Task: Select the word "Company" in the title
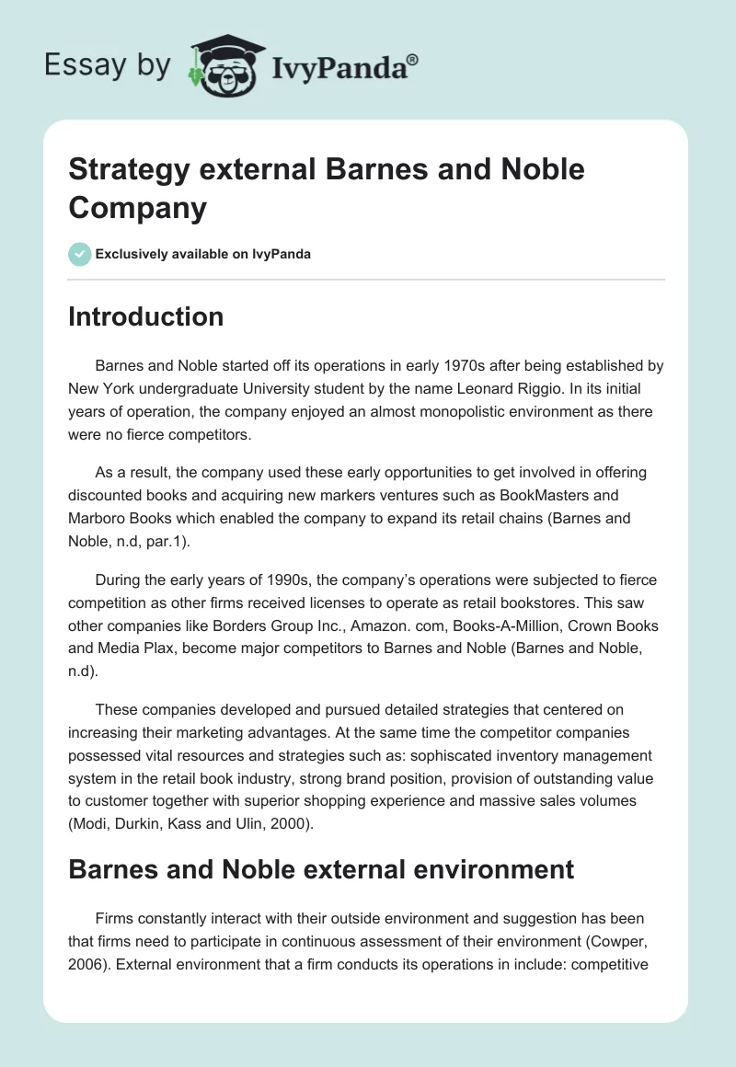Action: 137,208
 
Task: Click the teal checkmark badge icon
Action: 80,254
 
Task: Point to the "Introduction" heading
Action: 145,316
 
